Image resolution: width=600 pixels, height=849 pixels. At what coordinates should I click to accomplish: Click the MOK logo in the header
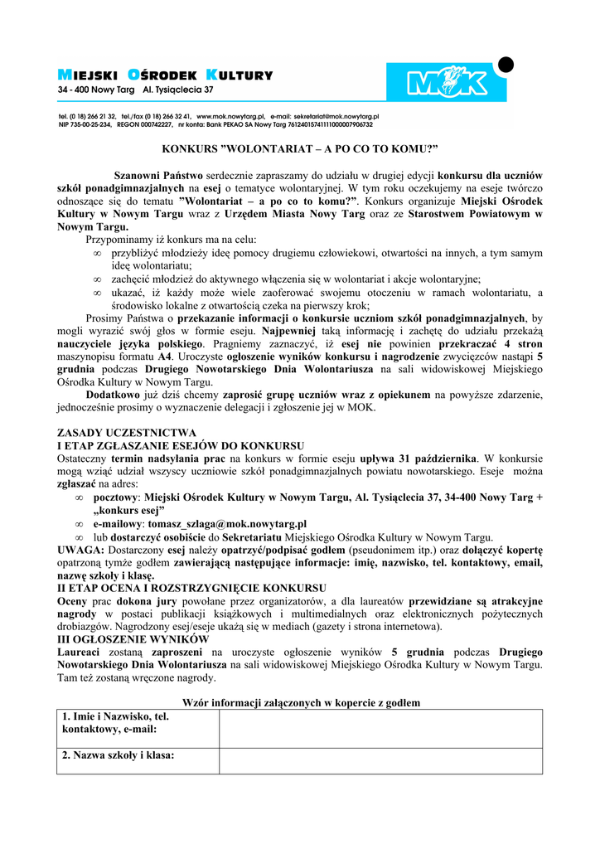(445, 83)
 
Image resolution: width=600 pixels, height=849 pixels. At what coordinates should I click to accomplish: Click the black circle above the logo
(506, 64)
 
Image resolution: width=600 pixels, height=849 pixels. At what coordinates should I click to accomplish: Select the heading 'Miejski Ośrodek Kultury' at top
(165, 75)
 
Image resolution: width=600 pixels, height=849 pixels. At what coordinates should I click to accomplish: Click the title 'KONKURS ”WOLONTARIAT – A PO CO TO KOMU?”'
(299, 148)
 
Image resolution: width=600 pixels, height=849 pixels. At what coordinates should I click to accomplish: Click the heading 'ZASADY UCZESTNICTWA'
(126, 433)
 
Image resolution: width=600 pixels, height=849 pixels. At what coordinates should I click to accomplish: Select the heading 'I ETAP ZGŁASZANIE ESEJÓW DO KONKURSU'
(180, 446)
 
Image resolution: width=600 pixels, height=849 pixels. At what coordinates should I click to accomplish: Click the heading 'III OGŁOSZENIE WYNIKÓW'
(133, 639)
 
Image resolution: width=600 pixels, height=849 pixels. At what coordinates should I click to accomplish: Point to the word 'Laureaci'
(79, 653)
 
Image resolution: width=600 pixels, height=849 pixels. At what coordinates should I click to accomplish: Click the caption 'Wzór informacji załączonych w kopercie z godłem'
(300, 702)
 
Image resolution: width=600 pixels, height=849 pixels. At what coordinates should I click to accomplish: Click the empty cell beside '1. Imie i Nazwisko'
(380, 729)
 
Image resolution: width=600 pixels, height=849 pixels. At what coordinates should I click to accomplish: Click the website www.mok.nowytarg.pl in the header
(230, 117)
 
